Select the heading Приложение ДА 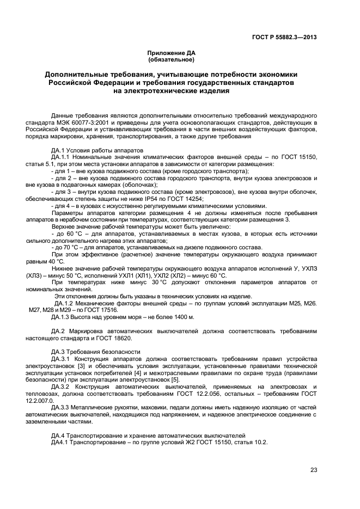click(x=171, y=53)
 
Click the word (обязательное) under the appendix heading click(x=171, y=59)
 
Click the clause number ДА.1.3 click(x=62, y=317)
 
